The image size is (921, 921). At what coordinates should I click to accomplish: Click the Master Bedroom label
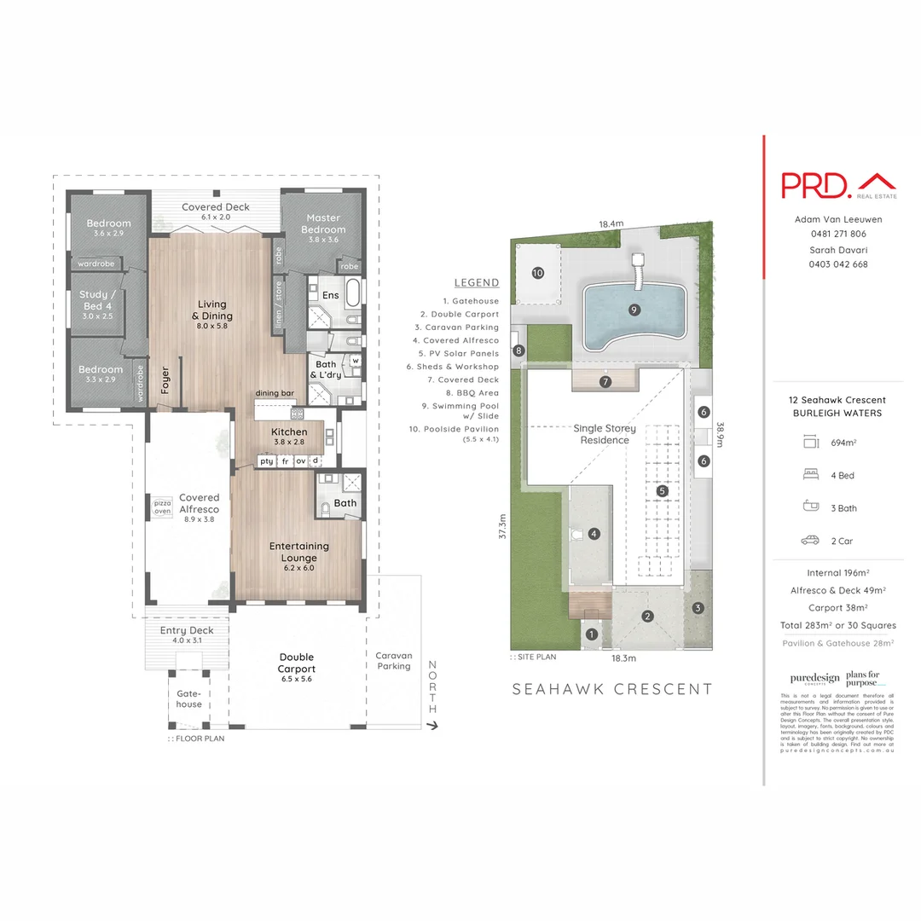[323, 223]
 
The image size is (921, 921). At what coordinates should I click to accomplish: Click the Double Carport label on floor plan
[297, 663]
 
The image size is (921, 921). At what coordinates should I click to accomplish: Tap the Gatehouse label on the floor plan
[189, 698]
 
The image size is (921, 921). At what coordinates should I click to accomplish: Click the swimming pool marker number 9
[634, 310]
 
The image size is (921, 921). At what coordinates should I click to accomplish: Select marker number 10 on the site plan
[537, 273]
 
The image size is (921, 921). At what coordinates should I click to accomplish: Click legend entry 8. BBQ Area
[472, 392]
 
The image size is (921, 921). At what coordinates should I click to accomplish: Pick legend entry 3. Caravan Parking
[466, 327]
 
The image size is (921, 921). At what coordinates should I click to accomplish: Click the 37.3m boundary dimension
[503, 525]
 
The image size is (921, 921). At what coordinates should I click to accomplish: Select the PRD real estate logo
[839, 185]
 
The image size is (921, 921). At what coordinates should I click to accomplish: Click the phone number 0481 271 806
[837, 234]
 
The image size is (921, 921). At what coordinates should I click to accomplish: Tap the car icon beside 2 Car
[810, 541]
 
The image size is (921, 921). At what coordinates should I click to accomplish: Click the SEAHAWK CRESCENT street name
[611, 689]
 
